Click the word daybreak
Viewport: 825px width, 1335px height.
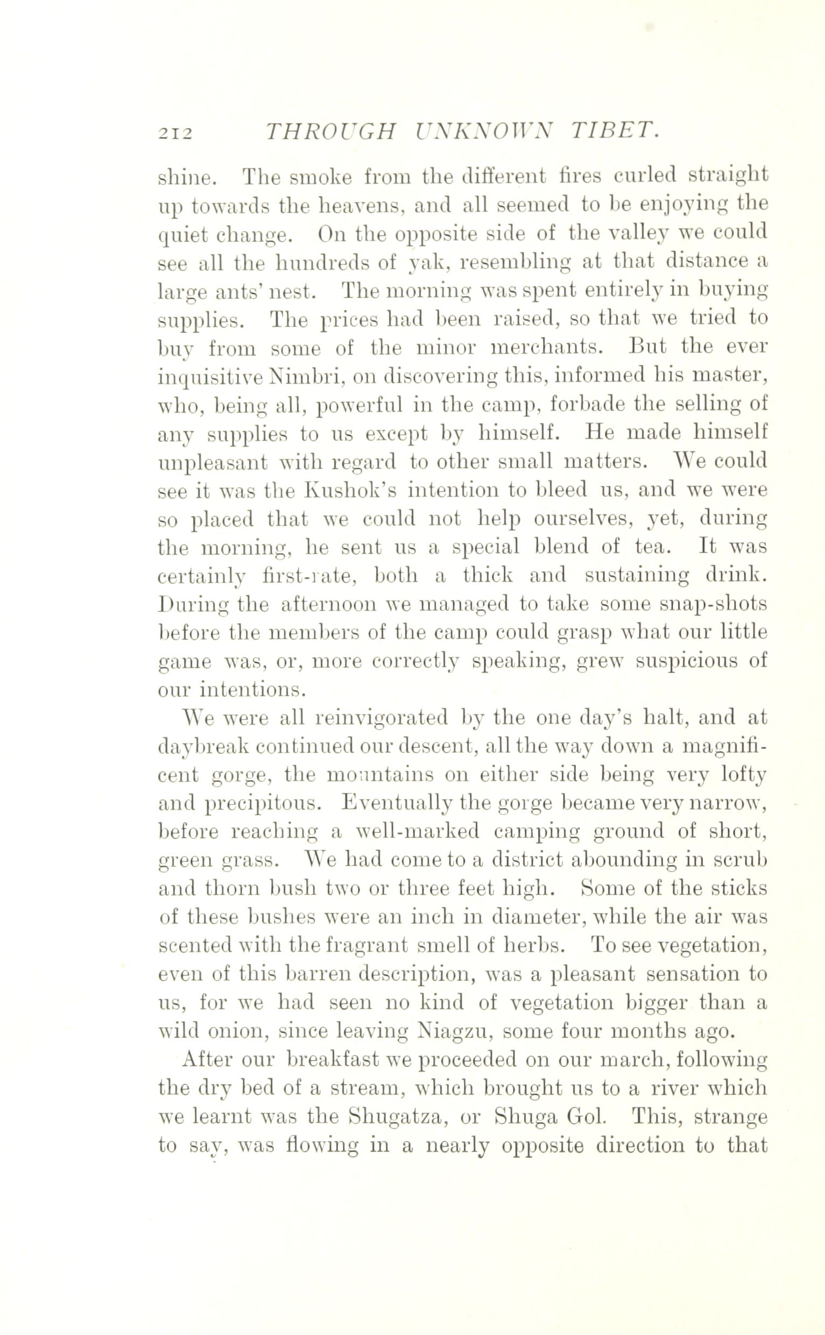point(202,746)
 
